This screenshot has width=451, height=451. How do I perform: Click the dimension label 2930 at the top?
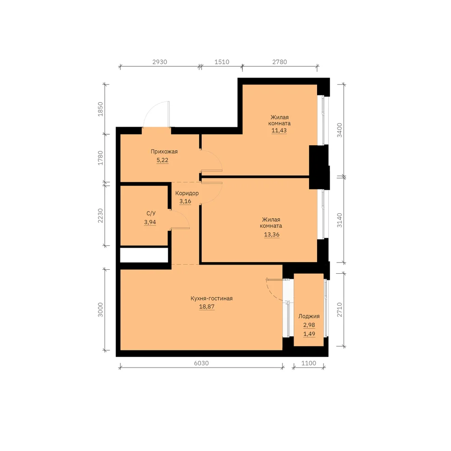pos(160,62)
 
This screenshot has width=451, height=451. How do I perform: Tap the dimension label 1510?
pos(222,62)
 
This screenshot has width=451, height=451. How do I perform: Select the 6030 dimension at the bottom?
pos(201,363)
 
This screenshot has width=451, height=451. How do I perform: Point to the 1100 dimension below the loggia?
pos(308,363)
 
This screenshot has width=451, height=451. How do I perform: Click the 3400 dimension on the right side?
pos(340,130)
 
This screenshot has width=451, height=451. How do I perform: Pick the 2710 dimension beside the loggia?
pos(340,310)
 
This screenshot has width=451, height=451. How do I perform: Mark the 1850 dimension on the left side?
pos(101,109)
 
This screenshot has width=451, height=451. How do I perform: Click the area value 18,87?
pos(207,307)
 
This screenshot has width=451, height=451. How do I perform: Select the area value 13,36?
pos(272,235)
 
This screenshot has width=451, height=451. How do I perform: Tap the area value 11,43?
pos(279,130)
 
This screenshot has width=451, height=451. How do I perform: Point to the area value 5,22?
pos(162,160)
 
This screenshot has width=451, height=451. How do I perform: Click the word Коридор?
pos(187,193)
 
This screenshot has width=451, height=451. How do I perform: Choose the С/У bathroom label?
pos(151,213)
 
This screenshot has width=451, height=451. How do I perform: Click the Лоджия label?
pos(309,317)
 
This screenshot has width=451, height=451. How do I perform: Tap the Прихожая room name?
pos(164,152)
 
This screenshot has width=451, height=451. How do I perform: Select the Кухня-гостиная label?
pos(212,299)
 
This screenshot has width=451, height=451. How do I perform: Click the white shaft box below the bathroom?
pos(144,255)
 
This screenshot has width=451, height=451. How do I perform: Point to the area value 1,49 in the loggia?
pos(309,334)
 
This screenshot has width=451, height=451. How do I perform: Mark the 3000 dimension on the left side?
pos(101,310)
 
